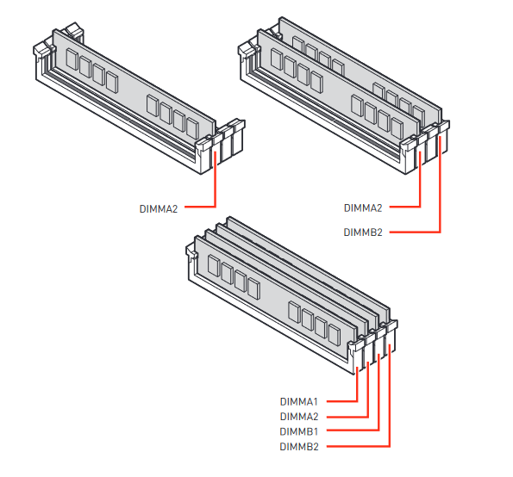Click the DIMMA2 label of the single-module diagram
click(159, 208)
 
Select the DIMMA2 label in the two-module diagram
click(363, 208)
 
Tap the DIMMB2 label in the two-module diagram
click(363, 232)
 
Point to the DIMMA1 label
click(298, 401)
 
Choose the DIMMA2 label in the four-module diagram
click(299, 417)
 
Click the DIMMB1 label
click(298, 431)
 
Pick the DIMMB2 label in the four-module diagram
click(299, 447)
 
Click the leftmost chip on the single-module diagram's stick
click(72, 59)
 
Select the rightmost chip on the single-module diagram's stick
click(193, 128)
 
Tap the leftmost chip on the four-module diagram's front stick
click(214, 265)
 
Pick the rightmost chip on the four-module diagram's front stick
click(335, 335)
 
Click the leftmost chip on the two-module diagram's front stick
click(277, 59)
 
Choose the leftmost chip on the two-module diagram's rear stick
click(298, 46)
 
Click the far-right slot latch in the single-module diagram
click(238, 137)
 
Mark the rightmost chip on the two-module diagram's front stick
click(397, 128)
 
